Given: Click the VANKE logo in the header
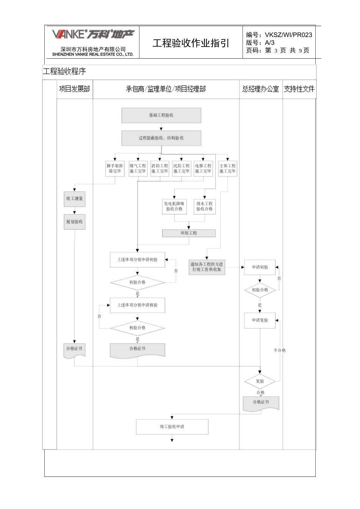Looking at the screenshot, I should (x=93, y=34).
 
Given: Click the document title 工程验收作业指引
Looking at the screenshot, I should (x=191, y=43).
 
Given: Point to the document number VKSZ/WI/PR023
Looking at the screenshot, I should (x=288, y=35).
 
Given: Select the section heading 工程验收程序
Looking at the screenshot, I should (x=64, y=71).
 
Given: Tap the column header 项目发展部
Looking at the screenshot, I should (x=75, y=89).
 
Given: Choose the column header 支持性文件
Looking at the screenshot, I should (x=299, y=89).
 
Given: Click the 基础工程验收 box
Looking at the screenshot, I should (x=161, y=115).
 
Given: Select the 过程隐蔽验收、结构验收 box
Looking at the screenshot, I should (x=161, y=138).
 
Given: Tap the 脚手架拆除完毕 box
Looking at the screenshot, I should (x=115, y=169).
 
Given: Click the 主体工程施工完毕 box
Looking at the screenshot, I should (x=227, y=169).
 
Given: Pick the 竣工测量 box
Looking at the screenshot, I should (x=74, y=199).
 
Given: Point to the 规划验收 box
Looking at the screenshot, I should (x=74, y=222).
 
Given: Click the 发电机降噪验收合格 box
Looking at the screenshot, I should (x=174, y=206).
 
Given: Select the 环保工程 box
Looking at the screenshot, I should (x=189, y=233).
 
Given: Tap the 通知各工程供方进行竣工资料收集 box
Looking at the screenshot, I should (x=207, y=267).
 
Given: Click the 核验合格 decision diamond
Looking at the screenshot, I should (x=137, y=328).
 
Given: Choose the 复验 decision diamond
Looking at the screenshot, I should (x=260, y=381).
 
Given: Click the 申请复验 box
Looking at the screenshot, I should (x=260, y=320).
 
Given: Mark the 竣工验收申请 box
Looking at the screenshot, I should (x=172, y=426).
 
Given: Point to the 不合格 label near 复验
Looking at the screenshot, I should (x=280, y=350).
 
